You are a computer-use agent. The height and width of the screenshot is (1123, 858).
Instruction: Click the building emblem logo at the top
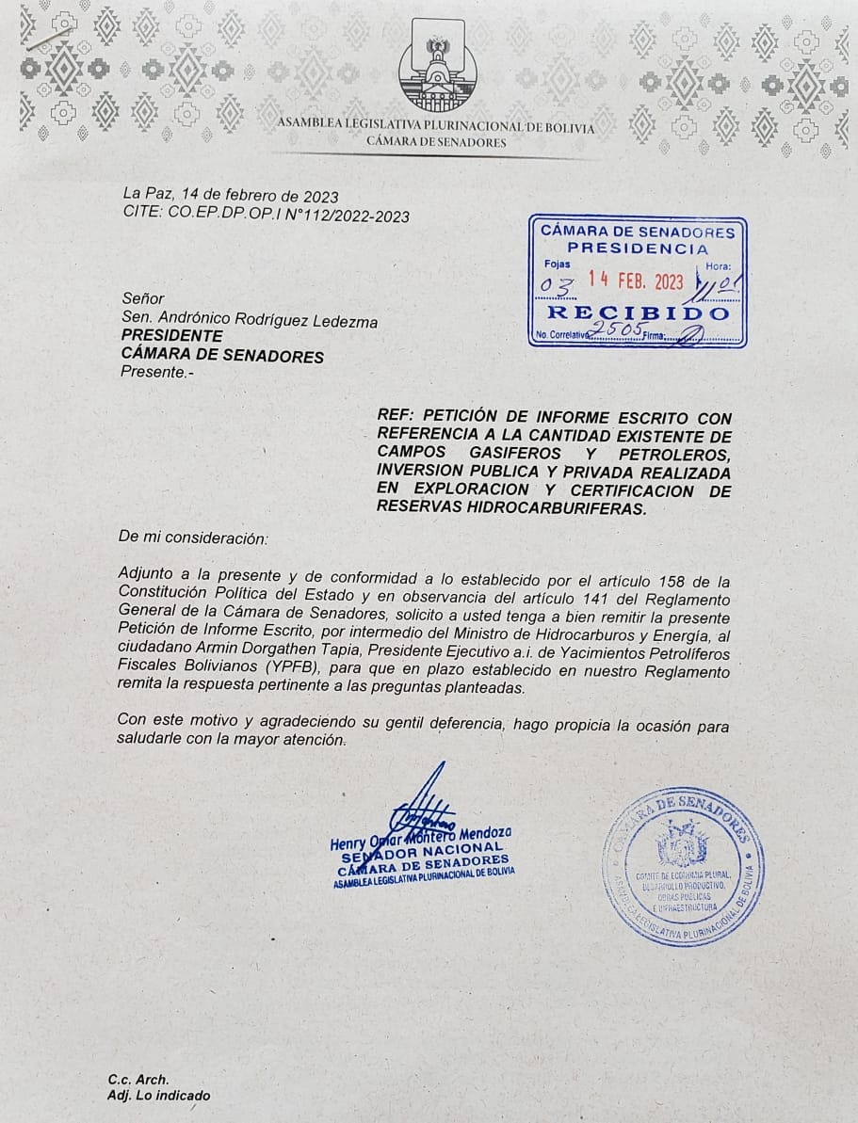tap(438, 65)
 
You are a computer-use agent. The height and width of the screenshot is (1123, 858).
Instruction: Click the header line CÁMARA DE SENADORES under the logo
tap(436, 143)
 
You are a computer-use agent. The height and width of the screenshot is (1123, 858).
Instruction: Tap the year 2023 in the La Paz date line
tap(319, 196)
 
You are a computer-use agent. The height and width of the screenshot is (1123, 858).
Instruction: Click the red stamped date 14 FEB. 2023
tap(636, 281)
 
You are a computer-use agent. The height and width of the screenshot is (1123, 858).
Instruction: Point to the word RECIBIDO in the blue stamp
tap(638, 313)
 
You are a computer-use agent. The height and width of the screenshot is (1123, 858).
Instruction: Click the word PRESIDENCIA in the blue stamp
tap(638, 249)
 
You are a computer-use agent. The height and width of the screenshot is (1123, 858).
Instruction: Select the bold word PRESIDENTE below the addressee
tap(172, 336)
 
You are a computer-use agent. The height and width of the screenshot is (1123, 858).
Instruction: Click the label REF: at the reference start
tap(396, 417)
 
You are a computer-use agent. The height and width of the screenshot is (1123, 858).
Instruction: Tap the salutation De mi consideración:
tap(193, 538)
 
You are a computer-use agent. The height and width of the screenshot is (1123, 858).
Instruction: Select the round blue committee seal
tap(683, 866)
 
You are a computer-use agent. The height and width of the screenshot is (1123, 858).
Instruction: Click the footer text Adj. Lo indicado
tap(159, 1096)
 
